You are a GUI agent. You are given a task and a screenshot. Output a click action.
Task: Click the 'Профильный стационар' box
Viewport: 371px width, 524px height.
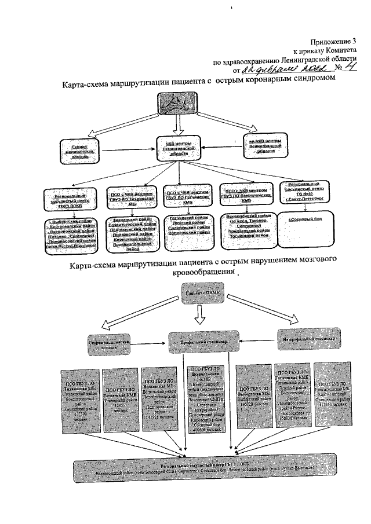201,343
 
